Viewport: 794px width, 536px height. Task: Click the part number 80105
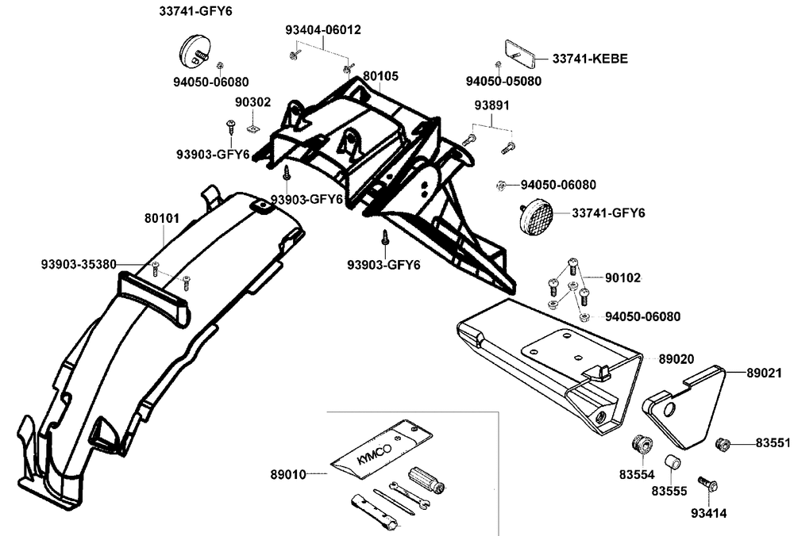380,77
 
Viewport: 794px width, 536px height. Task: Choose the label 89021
762,371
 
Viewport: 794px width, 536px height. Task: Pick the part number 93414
710,513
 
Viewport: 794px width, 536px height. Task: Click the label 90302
252,102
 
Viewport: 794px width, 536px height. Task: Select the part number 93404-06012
323,30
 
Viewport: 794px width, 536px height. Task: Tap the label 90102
622,278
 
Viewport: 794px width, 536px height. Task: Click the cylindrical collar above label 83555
671,462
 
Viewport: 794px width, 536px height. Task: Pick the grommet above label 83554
640,443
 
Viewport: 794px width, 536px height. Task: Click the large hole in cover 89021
668,409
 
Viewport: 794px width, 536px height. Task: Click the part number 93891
492,105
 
